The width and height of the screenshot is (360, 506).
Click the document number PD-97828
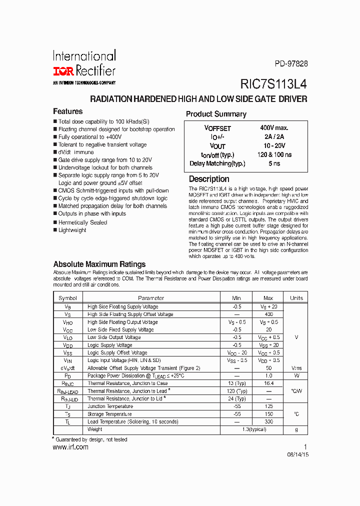click(x=291, y=63)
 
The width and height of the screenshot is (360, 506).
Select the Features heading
click(x=67, y=111)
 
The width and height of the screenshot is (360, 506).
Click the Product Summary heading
click(x=216, y=114)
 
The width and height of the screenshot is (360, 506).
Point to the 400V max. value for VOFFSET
click(x=274, y=128)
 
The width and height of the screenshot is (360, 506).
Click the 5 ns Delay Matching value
click(x=274, y=163)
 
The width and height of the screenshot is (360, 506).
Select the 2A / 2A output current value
click(x=274, y=137)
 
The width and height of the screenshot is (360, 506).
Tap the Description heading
click(x=209, y=179)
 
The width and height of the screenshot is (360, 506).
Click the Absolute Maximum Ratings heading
click(x=99, y=264)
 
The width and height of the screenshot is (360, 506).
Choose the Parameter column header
click(x=151, y=298)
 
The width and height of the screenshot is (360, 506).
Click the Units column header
click(x=296, y=298)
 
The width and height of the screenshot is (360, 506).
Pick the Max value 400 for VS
click(x=268, y=314)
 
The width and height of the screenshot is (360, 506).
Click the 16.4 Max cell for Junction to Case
click(x=268, y=383)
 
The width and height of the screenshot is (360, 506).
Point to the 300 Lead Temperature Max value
click(x=268, y=422)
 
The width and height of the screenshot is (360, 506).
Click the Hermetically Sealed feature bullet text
click(x=82, y=222)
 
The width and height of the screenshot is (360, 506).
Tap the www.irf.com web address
click(x=70, y=447)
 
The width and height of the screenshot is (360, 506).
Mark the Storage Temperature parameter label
click(x=109, y=414)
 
